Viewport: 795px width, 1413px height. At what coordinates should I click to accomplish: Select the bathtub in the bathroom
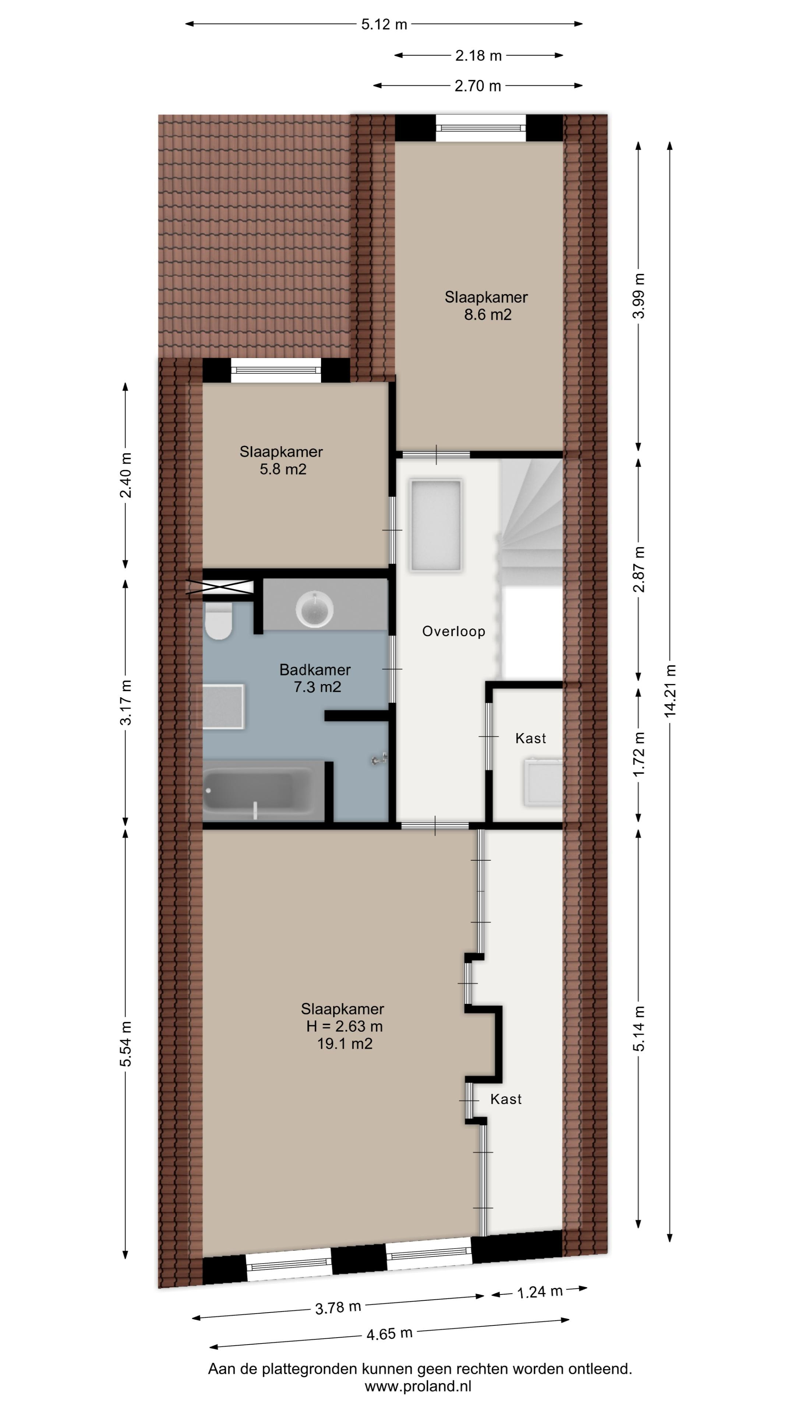coord(258,790)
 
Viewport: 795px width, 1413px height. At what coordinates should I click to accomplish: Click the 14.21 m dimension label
coord(670,691)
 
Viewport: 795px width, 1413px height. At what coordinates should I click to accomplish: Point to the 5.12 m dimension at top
coord(384,24)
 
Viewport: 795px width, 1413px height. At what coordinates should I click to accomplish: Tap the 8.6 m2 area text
coord(488,315)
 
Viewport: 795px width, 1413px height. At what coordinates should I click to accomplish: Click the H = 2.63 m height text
coord(344,1026)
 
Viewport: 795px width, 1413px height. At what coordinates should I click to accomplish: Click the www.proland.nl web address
coord(418,1387)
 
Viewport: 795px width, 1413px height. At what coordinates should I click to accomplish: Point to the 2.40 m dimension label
coord(126,475)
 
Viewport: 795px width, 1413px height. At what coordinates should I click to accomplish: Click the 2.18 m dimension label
coord(478,56)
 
